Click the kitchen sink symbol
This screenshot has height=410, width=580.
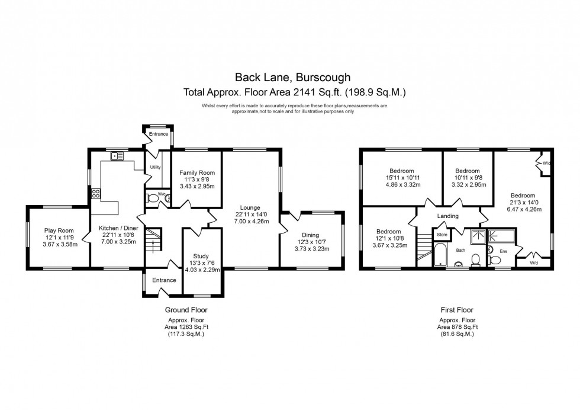coord(118,156)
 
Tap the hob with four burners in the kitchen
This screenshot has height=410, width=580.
coord(95,194)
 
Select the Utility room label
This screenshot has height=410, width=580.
coord(156,167)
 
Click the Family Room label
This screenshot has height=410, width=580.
coord(196,174)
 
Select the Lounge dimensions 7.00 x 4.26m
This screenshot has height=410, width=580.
coord(251,222)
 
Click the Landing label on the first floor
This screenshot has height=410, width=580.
coord(447,216)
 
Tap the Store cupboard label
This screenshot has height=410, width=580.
coord(442,235)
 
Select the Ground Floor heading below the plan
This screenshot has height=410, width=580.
coord(186,310)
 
